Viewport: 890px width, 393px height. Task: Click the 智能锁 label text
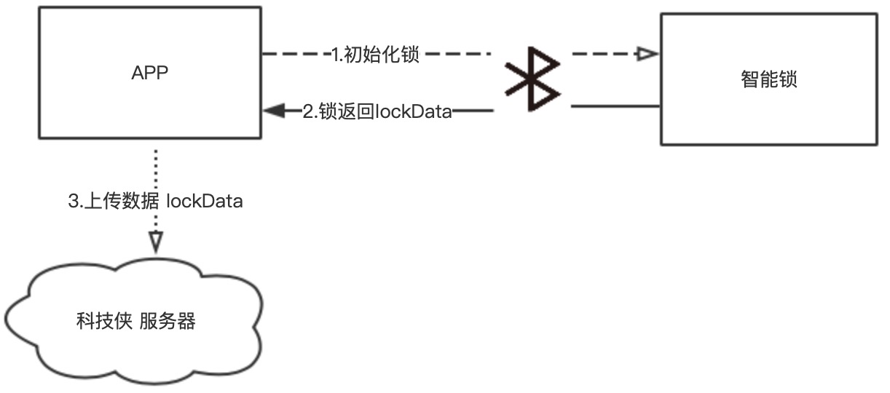[x=769, y=79]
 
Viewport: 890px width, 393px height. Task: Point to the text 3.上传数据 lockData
[x=155, y=202]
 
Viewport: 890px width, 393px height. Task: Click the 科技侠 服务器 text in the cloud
[x=136, y=321]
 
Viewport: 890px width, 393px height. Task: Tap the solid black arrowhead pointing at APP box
[x=274, y=111]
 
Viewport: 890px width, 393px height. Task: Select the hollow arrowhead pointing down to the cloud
[x=156, y=241]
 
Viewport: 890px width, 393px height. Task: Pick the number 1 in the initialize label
[x=335, y=55]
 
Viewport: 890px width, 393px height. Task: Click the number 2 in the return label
[x=308, y=111]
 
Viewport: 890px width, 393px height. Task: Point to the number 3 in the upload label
[x=73, y=202]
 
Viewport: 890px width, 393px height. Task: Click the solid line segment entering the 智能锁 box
[x=615, y=108]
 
